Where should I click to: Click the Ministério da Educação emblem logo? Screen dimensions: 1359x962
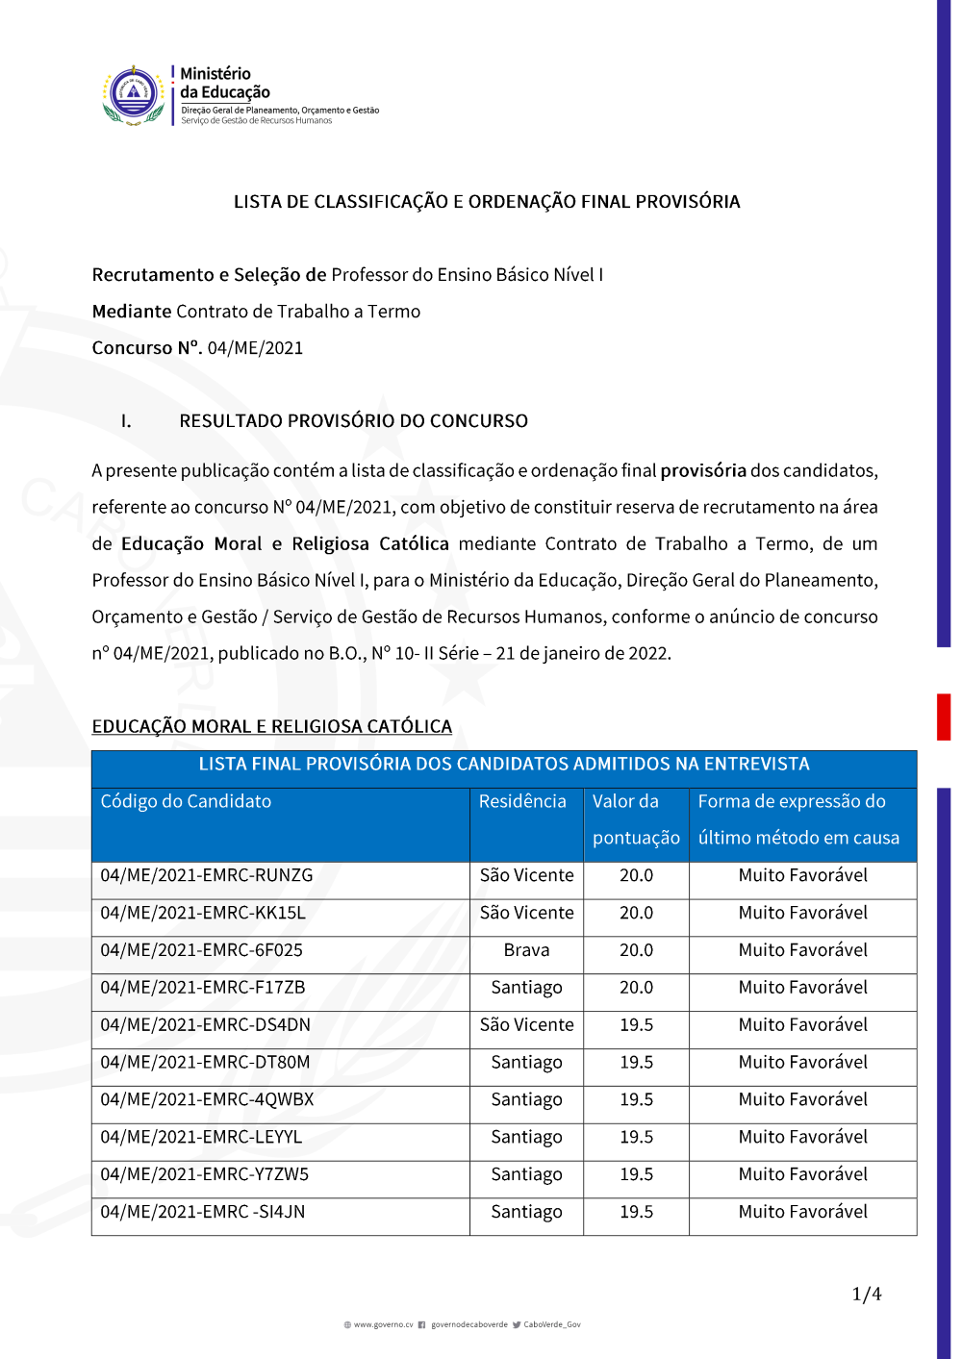pos(134,95)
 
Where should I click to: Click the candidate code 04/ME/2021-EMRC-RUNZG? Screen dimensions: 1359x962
pos(207,875)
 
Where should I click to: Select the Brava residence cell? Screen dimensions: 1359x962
pos(526,950)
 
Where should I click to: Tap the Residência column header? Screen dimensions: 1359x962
pos(522,801)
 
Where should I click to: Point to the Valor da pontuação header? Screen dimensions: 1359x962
pos(636,819)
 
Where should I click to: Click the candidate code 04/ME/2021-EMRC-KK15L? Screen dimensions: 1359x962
pos(203,913)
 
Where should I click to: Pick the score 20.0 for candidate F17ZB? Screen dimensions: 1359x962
pos(636,988)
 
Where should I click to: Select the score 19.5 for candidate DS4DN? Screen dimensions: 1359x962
pos(636,1025)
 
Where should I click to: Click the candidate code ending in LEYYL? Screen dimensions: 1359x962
pos(201,1137)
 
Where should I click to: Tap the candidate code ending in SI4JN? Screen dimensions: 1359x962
pos(203,1212)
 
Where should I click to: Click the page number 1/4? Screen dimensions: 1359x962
pos(867,1295)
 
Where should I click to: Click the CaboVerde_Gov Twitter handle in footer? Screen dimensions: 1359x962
pos(551,1324)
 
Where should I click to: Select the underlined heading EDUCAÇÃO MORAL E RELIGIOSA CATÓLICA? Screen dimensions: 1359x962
pos(271,726)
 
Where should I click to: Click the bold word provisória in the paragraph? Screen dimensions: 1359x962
pos(703,470)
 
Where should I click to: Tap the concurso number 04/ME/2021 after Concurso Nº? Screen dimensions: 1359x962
pos(255,348)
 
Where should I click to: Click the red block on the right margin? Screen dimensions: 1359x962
pos(944,717)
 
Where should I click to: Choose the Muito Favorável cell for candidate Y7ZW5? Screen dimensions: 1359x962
pos(802,1174)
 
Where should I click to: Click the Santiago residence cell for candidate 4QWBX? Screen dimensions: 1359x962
pos(526,1099)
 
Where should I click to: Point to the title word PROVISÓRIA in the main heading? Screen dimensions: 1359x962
pos(680,202)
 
